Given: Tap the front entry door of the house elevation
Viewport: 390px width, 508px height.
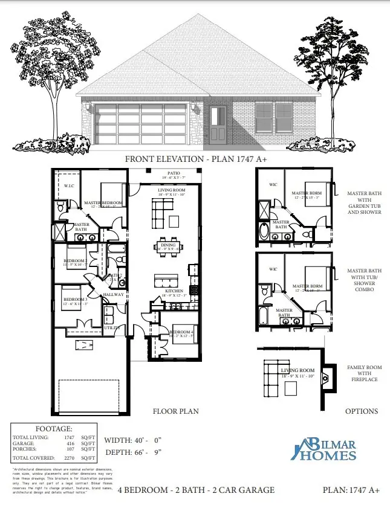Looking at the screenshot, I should pyautogui.click(x=219, y=126).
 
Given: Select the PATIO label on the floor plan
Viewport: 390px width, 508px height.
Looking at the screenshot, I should pyautogui.click(x=174, y=173).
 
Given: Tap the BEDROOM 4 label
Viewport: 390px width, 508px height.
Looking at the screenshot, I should pyautogui.click(x=181, y=332).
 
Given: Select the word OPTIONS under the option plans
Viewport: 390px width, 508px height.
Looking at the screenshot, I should pyautogui.click(x=362, y=411).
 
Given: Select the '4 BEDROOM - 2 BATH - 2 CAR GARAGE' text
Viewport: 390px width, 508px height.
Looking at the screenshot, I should pyautogui.click(x=196, y=490).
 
